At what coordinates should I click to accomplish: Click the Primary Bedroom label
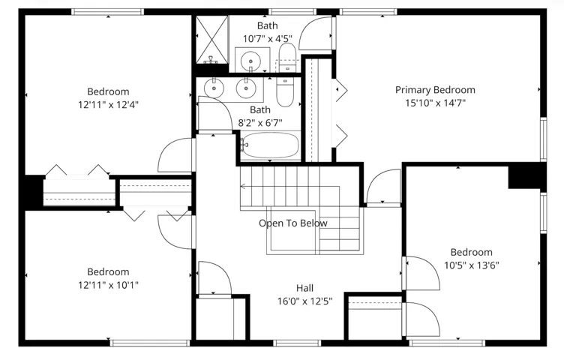point(435,90)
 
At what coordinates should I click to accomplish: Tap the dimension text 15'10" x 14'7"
point(435,103)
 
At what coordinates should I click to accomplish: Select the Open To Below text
point(293,223)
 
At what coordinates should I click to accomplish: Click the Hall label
point(304,288)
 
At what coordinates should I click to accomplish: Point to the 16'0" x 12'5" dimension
point(304,301)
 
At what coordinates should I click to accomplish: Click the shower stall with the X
point(211,39)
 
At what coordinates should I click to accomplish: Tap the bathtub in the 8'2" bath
point(270,145)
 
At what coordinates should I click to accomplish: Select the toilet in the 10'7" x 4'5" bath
point(287,57)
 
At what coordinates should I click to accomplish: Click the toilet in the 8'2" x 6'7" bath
point(285,92)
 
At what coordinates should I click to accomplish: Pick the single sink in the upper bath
point(250,60)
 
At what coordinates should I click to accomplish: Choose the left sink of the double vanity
point(214,88)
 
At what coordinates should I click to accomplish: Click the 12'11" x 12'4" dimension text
point(108,105)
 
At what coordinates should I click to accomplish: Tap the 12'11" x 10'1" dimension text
point(108,285)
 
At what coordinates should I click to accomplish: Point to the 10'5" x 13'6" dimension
point(472,265)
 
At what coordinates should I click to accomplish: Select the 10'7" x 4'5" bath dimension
point(268,39)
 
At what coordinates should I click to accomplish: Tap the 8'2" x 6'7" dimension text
point(260,123)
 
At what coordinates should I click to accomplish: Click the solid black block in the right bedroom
point(527,175)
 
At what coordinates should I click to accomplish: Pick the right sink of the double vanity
point(246,88)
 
